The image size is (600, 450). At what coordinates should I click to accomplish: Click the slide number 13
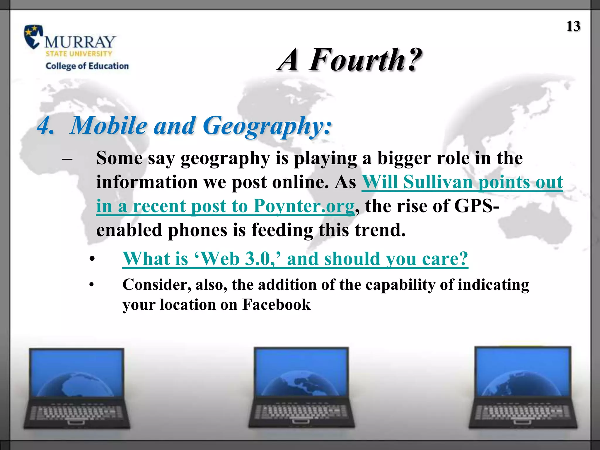573,26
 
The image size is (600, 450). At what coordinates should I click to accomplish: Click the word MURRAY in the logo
80,42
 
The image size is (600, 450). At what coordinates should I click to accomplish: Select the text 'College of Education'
87,66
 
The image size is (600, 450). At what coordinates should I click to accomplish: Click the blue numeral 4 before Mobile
45,126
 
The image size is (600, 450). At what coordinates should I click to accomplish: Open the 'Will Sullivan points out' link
462,182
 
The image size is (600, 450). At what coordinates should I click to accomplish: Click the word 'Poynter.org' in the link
304,206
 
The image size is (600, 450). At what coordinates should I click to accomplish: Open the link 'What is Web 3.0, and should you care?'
295,259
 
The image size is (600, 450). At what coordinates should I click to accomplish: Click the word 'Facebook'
276,305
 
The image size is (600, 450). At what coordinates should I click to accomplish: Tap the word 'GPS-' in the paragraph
477,206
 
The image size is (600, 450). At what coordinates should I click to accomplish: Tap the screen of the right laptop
523,371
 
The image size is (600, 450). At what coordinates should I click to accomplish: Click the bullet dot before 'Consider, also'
92,285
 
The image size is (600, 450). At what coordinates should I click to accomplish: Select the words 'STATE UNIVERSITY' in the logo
79,54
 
